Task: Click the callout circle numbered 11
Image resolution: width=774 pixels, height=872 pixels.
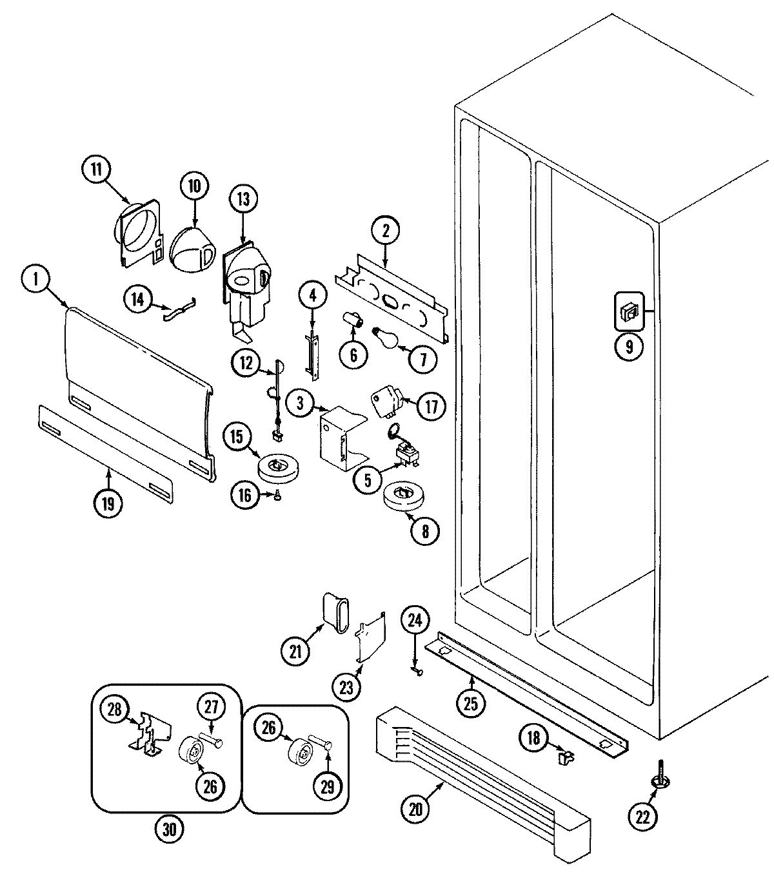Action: coord(96,170)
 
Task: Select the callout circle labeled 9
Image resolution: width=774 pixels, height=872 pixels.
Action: coord(629,347)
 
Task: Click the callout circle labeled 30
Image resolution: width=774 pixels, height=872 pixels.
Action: coord(169,829)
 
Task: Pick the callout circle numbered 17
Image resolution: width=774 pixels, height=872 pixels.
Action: coord(431,406)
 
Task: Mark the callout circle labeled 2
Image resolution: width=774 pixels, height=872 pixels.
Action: coord(386,231)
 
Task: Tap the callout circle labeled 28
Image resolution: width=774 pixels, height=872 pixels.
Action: coord(115,709)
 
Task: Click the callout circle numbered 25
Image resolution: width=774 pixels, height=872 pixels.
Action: coord(471,703)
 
